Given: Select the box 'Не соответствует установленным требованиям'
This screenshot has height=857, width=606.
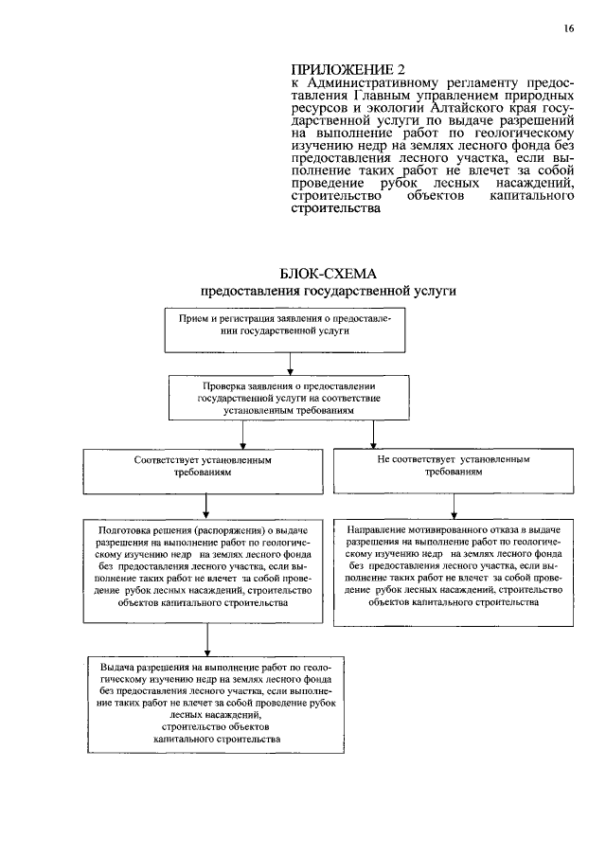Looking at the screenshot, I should (454, 467).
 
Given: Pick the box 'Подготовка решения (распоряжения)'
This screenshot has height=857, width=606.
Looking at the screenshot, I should (205, 564).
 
